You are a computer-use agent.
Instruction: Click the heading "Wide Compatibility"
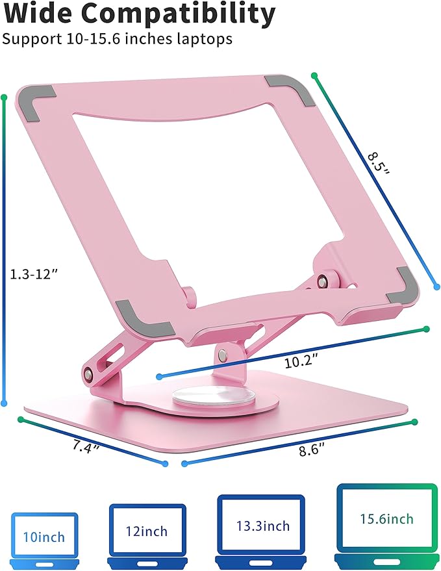pos(138,14)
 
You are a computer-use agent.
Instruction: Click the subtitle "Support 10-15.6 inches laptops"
pos(117,39)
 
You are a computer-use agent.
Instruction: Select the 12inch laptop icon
pos(147,533)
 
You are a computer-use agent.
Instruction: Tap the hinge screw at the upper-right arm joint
pos(321,281)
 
